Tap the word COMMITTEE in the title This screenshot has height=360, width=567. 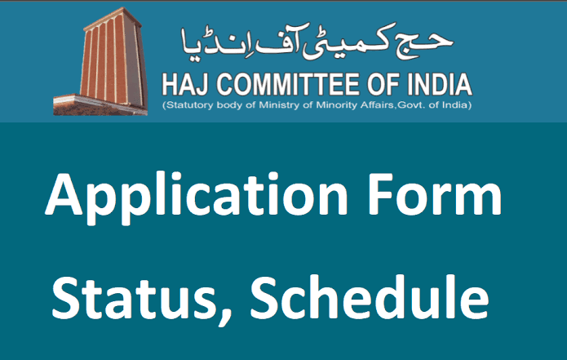288,85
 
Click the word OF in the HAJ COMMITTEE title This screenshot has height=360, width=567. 383,85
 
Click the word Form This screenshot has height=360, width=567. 435,194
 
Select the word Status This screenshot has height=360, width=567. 134,298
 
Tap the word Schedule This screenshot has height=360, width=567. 370,296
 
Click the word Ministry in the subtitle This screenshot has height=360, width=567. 281,105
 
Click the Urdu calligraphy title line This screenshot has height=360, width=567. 317,42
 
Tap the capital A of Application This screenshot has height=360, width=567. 64,194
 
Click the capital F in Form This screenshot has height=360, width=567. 380,194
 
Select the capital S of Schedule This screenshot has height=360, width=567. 264,297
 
